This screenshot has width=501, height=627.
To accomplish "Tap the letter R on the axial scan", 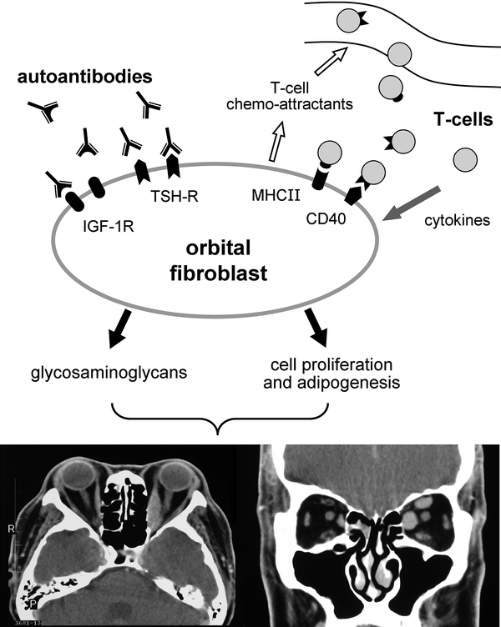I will pyautogui.click(x=11, y=528).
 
